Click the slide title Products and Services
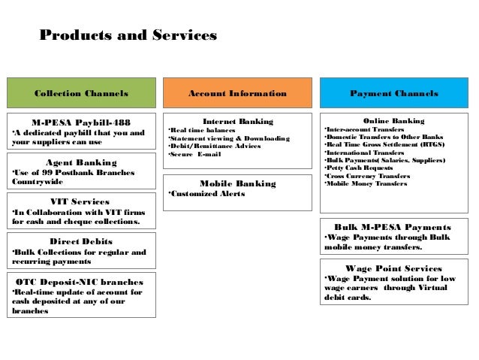click(x=128, y=35)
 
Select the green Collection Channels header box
click(x=81, y=93)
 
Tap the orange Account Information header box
click(x=237, y=93)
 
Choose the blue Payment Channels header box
click(x=394, y=93)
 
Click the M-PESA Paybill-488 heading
click(x=81, y=121)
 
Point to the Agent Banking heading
click(x=81, y=162)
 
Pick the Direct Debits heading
click(x=81, y=241)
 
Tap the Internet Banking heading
click(x=238, y=120)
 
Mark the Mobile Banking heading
click(x=238, y=183)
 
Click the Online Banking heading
click(x=393, y=120)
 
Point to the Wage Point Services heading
click(x=394, y=268)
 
